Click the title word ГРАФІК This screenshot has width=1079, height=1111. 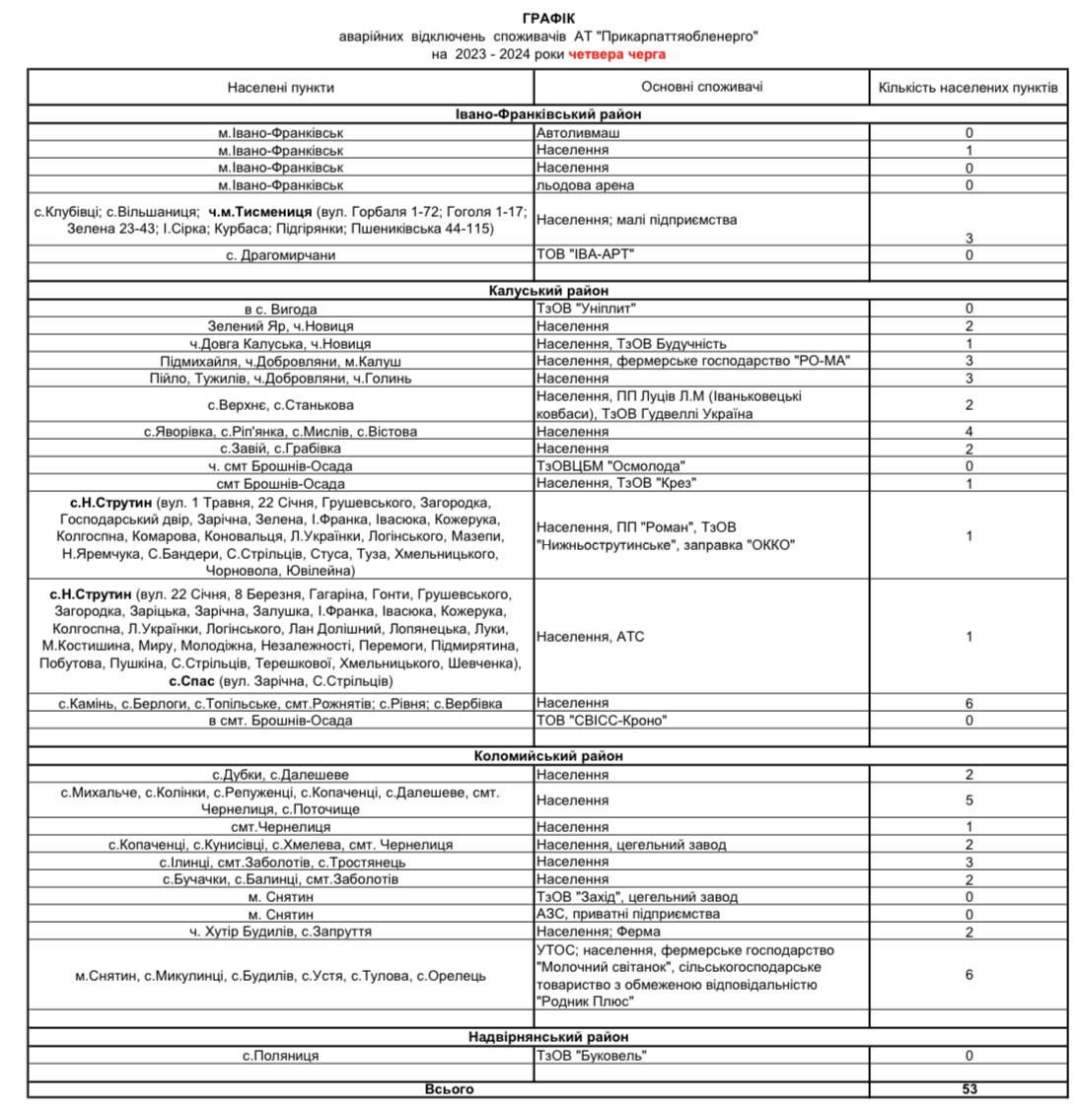point(548,19)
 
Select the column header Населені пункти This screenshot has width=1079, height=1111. point(281,87)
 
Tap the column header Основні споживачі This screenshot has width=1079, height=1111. point(701,87)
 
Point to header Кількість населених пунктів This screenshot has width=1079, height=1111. point(968,87)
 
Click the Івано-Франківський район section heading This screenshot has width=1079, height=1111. point(547,114)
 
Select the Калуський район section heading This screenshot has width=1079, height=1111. point(547,291)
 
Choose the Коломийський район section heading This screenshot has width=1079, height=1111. point(547,756)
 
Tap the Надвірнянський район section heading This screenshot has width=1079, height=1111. point(547,1037)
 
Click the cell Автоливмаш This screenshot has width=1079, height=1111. point(578,132)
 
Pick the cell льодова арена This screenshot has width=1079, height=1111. point(585,184)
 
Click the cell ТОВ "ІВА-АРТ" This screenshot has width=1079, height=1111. point(585,254)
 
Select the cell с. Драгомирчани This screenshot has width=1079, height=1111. point(281,254)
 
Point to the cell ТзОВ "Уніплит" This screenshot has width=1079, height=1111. point(586,309)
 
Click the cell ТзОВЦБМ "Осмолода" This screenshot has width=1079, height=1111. point(611,465)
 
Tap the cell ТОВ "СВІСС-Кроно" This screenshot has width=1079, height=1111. point(601,720)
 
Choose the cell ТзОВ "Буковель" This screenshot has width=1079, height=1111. point(591,1055)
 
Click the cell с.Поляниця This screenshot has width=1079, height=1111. point(281,1055)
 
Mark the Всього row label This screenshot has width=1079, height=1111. point(449,1088)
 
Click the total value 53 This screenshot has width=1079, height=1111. point(969,1088)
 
